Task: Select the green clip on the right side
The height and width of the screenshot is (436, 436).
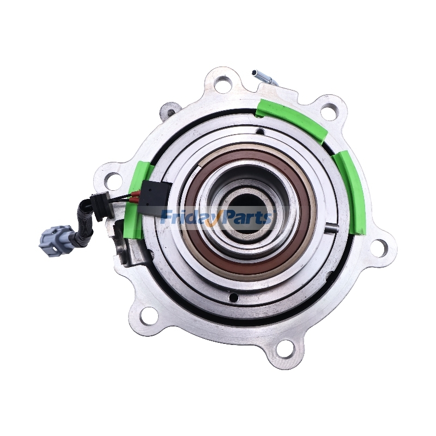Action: pyautogui.click(x=351, y=191)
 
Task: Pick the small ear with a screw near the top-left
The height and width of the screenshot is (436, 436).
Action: pyautogui.click(x=171, y=110)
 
